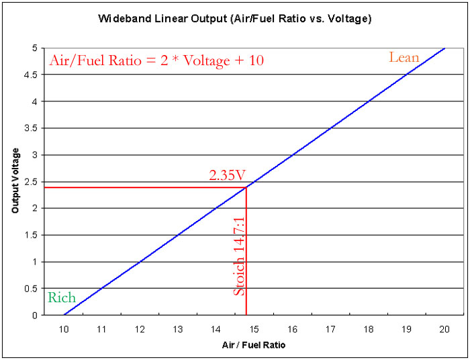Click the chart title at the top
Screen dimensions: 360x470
tap(235, 18)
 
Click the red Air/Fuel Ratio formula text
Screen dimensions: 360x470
tap(156, 60)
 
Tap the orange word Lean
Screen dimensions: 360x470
tap(404, 58)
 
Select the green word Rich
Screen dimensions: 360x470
tap(62, 298)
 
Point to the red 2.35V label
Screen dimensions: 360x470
tap(226, 176)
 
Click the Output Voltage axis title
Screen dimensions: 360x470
tap(15, 181)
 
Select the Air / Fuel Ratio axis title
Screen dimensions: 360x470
tap(254, 345)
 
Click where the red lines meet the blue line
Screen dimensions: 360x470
tap(246, 187)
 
